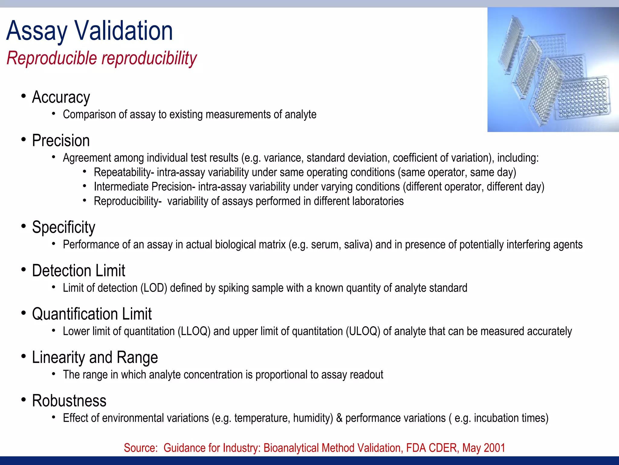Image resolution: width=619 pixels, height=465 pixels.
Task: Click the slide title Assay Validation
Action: (x=89, y=31)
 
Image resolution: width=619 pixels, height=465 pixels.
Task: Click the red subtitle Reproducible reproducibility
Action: (x=102, y=58)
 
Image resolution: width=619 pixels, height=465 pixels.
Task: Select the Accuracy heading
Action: (x=61, y=97)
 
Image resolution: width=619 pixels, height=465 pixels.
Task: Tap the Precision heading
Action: (x=61, y=141)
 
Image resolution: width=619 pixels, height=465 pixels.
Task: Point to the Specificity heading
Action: (x=63, y=227)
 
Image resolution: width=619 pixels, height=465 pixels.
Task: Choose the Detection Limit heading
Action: (x=78, y=271)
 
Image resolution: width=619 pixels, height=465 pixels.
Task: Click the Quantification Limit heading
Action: (x=92, y=314)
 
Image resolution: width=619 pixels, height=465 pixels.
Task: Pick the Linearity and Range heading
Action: (x=95, y=358)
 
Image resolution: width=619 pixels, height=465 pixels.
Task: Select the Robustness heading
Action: (x=69, y=401)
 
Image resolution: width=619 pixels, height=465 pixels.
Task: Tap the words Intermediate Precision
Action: (x=143, y=187)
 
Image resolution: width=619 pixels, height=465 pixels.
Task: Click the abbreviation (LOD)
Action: (x=154, y=288)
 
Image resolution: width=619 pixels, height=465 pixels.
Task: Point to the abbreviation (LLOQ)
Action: (x=194, y=331)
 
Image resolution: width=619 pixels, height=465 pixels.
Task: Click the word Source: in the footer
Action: (x=141, y=448)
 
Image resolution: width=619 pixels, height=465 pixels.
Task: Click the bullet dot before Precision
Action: (x=24, y=140)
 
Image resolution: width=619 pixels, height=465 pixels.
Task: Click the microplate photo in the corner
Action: (x=553, y=70)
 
